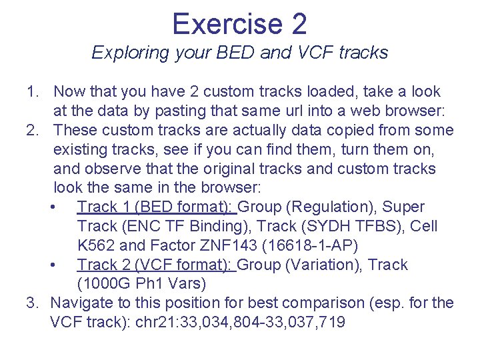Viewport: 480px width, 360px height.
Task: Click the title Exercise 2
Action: point(239,24)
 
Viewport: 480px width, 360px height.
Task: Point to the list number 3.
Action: point(32,303)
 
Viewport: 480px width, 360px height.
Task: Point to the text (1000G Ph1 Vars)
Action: point(141,284)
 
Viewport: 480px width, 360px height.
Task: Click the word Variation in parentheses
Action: point(327,265)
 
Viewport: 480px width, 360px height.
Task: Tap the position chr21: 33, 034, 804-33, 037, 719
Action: point(240,323)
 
